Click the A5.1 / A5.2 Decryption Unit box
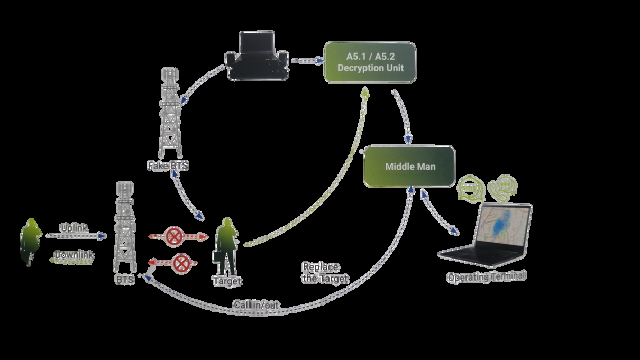click(370, 62)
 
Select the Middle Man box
click(409, 166)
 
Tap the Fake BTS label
click(168, 166)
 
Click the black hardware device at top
click(258, 57)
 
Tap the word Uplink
click(74, 228)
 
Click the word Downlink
click(74, 255)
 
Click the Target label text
click(227, 281)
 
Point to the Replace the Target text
click(325, 273)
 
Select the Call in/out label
click(256, 305)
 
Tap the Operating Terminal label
click(487, 277)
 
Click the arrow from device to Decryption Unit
click(307, 61)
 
